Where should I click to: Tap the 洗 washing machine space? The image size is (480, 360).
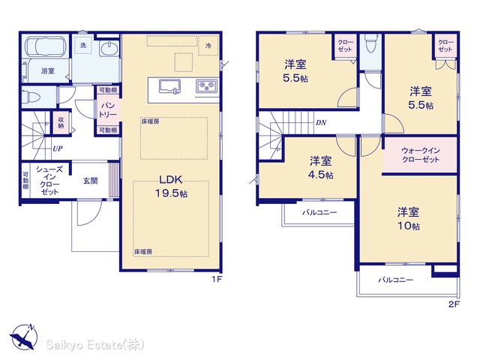click(x=83, y=45)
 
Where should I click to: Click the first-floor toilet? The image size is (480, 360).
click(x=31, y=97)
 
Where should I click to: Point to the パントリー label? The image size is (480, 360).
click(x=108, y=110)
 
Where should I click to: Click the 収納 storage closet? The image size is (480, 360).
click(x=61, y=123)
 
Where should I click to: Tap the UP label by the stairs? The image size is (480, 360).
click(x=58, y=148)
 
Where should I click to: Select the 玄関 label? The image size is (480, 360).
click(x=90, y=181)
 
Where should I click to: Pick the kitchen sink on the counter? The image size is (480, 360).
click(x=169, y=86)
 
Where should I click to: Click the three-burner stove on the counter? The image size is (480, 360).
click(x=207, y=85)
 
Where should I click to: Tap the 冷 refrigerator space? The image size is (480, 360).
click(x=208, y=46)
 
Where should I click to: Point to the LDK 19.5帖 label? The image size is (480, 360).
click(x=171, y=187)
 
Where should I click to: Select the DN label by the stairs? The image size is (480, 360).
click(x=321, y=123)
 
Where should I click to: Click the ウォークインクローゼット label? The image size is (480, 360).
click(x=421, y=155)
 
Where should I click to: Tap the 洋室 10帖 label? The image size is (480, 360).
click(x=409, y=219)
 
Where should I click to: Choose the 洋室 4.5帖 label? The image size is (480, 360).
click(x=320, y=168)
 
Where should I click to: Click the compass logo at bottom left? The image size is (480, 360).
click(x=24, y=337)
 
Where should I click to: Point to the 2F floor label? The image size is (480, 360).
click(x=454, y=304)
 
